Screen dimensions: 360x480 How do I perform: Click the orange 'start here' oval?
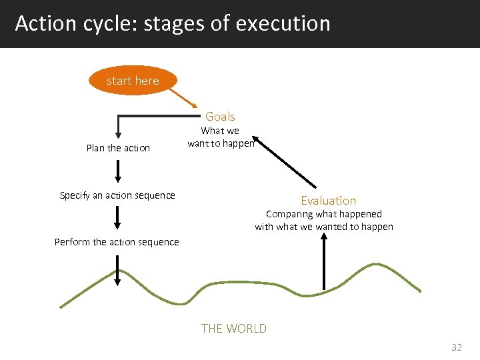133,81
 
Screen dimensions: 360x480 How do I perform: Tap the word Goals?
220,116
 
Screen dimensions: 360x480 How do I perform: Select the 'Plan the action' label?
118,148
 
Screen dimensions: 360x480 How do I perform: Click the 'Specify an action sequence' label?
117,195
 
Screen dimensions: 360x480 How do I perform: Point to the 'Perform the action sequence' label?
117,242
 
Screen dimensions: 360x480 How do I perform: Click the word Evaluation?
328,200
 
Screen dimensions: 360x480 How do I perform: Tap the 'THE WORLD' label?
233,328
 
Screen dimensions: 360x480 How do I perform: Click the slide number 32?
456,347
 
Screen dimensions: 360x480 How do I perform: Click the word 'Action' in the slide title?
44,23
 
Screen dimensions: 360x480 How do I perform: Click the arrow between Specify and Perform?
118,217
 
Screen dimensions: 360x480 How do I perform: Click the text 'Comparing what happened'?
324,214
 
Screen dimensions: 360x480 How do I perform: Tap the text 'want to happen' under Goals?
220,143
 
